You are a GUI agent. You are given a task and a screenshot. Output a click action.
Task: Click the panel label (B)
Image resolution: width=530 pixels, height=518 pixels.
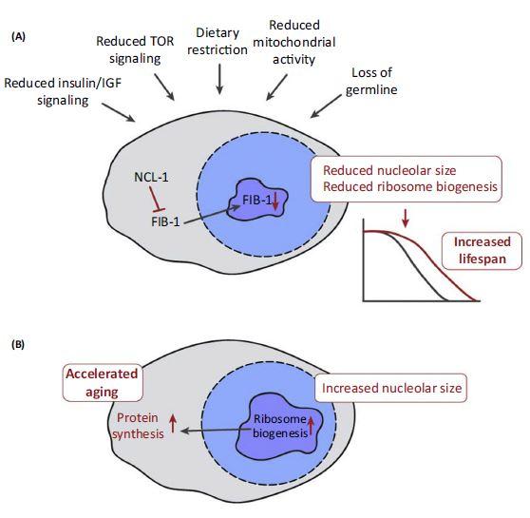[19, 346]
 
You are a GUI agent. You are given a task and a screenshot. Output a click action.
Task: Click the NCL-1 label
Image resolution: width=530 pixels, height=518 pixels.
[149, 177]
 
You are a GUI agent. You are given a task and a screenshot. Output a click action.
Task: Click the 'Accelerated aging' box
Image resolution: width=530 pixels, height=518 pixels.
[102, 381]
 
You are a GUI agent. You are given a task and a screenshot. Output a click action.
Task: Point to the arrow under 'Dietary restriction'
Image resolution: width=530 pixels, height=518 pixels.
[219, 80]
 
